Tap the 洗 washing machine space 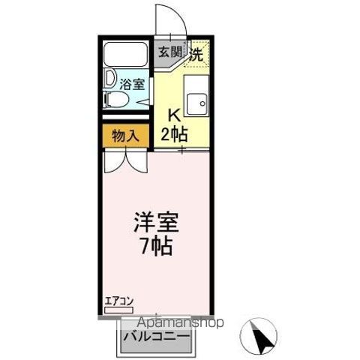click(196, 53)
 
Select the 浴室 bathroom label click(132, 85)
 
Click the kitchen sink click(199, 104)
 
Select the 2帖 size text click(175, 134)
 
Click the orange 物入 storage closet click(125, 136)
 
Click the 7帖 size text click(156, 245)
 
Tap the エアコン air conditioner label click(118, 301)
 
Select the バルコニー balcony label click(155, 336)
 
